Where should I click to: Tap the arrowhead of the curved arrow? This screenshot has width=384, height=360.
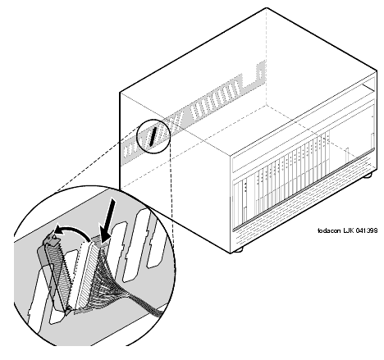coord(58,231)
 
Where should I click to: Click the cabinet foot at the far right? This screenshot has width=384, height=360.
coord(368,175)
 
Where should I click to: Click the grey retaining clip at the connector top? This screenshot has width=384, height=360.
coord(52,239)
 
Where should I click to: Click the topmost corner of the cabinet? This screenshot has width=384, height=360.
coord(267,8)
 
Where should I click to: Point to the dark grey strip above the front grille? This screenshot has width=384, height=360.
coord(304,189)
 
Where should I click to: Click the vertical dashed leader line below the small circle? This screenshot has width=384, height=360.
coord(171,182)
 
